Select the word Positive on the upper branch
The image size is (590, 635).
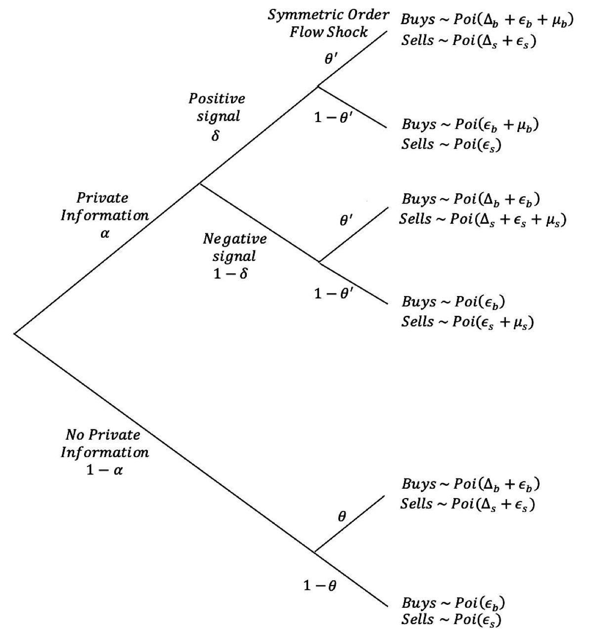[x=217, y=98]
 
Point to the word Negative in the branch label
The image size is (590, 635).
[x=234, y=239]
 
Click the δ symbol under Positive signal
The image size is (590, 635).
[x=215, y=135]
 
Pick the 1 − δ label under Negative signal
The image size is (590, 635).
[x=230, y=273]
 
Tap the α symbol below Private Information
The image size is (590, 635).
[x=104, y=233]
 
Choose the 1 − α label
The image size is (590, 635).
[x=104, y=470]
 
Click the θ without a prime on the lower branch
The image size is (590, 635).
[x=342, y=517]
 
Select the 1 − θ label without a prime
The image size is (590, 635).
[x=320, y=586]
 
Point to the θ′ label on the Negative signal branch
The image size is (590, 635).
[x=347, y=220]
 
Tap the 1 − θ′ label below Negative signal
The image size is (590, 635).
[x=333, y=293]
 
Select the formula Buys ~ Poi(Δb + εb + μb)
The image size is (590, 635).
[x=487, y=21]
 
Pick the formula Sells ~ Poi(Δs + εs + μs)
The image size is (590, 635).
[x=482, y=218]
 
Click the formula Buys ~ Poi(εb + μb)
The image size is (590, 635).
[x=469, y=125]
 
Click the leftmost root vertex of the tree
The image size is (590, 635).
[x=15, y=334]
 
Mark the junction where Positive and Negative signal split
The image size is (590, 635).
[x=200, y=184]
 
